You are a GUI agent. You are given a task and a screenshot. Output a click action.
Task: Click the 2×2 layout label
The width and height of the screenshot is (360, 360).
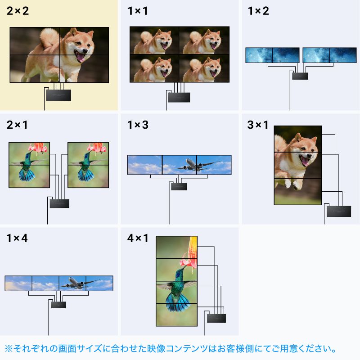click(18, 11)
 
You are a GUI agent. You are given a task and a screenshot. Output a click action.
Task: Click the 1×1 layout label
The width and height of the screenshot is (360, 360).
click(138, 11)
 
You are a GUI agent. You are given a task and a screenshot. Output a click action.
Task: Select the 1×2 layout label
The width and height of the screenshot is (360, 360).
click(258, 11)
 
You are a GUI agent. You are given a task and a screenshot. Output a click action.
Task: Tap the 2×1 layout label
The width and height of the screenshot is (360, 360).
click(17, 125)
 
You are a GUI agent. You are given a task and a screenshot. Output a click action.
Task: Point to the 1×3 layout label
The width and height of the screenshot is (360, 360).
click(138, 125)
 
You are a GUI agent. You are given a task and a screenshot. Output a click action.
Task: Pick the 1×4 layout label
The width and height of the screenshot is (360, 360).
click(17, 238)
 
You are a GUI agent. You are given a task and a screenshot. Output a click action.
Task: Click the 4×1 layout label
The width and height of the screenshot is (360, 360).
click(138, 238)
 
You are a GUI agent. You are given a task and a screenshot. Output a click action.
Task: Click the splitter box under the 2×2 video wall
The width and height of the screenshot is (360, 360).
click(58, 95)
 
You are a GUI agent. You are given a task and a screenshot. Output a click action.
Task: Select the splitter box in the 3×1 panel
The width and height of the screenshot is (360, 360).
click(338, 211)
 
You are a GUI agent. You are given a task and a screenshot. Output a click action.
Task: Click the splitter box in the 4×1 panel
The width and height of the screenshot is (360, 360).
click(217, 319)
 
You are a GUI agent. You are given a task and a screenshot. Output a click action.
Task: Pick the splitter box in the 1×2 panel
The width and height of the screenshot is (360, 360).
click(300, 76)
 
